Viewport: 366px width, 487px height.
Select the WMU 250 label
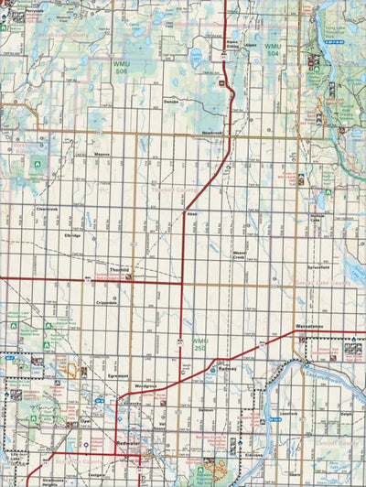(202, 345)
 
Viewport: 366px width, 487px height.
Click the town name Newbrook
(213, 135)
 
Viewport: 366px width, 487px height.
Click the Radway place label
(228, 367)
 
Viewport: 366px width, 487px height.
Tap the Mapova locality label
(102, 155)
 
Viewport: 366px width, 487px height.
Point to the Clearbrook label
(47, 209)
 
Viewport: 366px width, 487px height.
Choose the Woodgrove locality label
(145, 386)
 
